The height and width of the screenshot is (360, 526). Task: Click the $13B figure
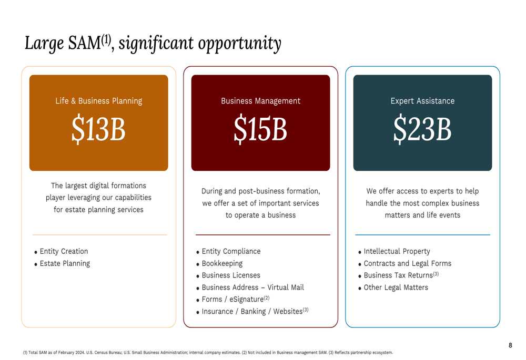pos(98,129)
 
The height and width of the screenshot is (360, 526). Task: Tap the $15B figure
pos(260,129)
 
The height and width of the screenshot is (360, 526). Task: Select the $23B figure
pos(422,129)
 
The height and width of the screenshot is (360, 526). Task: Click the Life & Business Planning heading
pos(98,101)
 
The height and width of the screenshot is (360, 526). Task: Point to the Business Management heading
pos(260,101)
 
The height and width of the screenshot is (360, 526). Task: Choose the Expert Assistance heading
pos(422,101)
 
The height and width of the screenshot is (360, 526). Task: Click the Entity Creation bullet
pos(64,252)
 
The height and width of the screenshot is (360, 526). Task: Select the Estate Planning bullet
pos(65,264)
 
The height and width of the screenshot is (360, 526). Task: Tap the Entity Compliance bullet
pos(231,252)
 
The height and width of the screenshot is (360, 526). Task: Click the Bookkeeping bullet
pos(222,264)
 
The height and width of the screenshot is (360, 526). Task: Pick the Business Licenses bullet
pos(231,275)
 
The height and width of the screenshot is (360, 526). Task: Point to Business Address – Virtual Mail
pos(252,287)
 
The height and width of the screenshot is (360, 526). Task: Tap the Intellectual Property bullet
pos(397,252)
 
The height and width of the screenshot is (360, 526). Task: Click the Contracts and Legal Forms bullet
pos(407,264)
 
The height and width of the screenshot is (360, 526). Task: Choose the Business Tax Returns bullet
pos(398,275)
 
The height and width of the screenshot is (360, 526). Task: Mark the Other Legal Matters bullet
pos(396,287)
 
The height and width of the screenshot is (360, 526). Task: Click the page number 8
pos(510,345)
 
